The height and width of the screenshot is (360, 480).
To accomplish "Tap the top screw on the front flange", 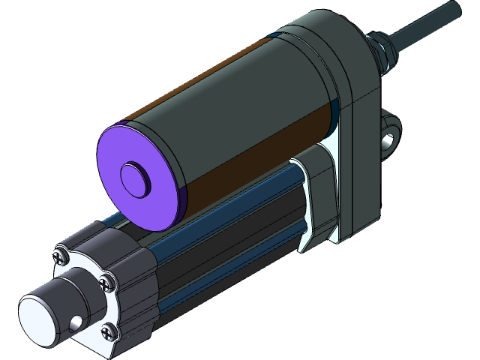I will [59, 257].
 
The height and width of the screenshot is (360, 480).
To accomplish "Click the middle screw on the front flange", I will [106, 283].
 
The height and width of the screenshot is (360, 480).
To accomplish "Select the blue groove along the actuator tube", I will [225, 225].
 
